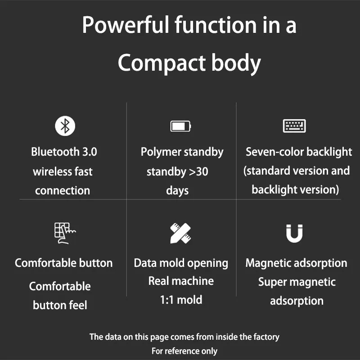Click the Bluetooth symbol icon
(x=65, y=126)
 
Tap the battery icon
(x=181, y=126)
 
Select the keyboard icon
(x=294, y=126)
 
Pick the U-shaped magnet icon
(x=294, y=234)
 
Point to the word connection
(x=63, y=190)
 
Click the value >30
(x=198, y=172)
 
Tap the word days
(x=177, y=191)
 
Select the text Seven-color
(x=271, y=152)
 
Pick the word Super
(x=272, y=282)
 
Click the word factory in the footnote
(x=266, y=337)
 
